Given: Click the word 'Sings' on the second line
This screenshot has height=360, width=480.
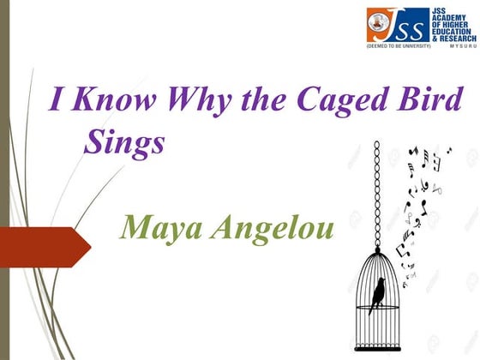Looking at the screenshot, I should (x=124, y=142).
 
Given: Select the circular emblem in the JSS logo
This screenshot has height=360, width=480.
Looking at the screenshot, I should (x=378, y=21).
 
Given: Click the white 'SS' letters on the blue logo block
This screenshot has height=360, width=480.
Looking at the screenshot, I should (x=408, y=27).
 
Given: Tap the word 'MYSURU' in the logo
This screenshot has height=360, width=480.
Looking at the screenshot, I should (x=452, y=47).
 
